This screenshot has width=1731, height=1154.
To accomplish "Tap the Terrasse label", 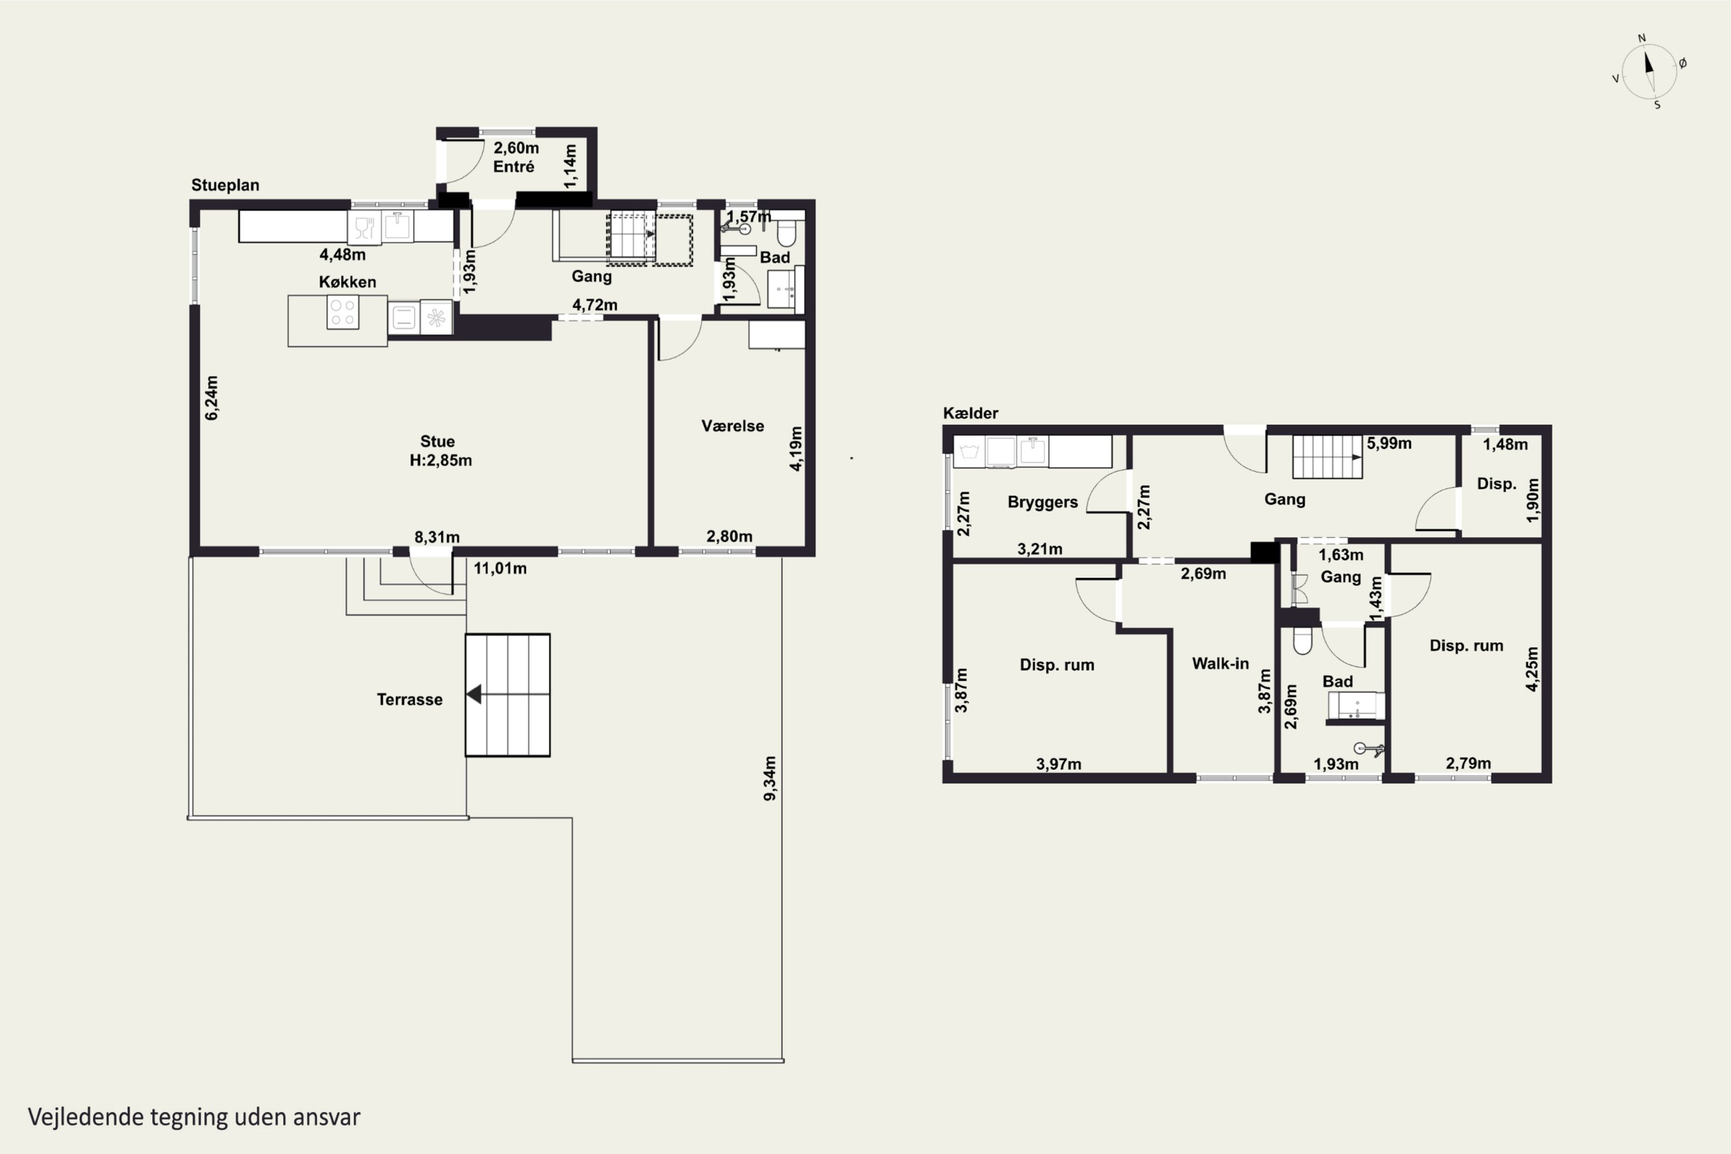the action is (x=409, y=699).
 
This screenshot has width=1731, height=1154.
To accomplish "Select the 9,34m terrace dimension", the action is (x=770, y=778).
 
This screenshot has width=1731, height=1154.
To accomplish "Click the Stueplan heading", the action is (x=225, y=185).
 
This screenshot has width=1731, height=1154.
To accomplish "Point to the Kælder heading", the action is (x=970, y=413).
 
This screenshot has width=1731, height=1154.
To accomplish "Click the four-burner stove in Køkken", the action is (x=342, y=312).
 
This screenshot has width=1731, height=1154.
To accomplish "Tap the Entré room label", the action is (x=514, y=166).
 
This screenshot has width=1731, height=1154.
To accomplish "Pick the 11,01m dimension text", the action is (x=500, y=568).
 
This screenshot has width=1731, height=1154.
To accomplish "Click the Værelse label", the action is (x=732, y=425).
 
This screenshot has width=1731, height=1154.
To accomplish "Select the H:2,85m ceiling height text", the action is (x=441, y=460).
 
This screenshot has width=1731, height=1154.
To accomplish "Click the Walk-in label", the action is (x=1220, y=663).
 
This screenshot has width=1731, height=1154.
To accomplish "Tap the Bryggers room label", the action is (x=1042, y=502).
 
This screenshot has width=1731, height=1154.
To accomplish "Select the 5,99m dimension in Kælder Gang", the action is (x=1389, y=443).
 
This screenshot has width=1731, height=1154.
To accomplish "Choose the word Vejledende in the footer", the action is (x=85, y=1117).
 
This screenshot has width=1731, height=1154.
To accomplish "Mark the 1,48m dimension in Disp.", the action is (x=1505, y=444).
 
